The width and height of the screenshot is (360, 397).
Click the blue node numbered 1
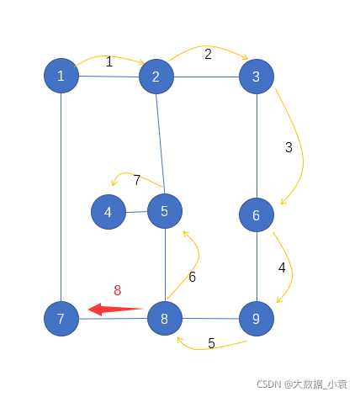(x=61, y=76)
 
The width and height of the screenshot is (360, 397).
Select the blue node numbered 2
(x=156, y=77)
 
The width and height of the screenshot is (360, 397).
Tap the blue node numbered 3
(x=257, y=77)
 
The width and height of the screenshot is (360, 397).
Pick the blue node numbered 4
(x=109, y=212)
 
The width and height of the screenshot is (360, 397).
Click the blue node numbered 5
(x=165, y=211)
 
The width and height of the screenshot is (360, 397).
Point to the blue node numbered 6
(x=257, y=215)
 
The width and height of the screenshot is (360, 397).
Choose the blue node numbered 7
(x=61, y=319)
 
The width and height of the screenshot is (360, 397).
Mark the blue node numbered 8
(x=165, y=319)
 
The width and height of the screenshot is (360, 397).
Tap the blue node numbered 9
(x=257, y=319)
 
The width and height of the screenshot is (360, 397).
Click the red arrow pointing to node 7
(x=115, y=310)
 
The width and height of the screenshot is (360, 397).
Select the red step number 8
(x=118, y=290)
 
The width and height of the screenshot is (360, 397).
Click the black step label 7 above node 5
(x=137, y=180)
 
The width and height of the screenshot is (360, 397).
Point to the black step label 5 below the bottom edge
(x=211, y=343)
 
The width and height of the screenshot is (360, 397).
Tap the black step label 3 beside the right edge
(x=289, y=147)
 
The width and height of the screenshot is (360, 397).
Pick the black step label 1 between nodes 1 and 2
(x=109, y=61)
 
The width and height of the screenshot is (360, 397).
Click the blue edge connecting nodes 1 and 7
(x=61, y=197)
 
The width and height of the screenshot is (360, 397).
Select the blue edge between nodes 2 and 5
(x=161, y=144)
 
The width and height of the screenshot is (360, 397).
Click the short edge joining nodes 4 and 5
(x=136, y=212)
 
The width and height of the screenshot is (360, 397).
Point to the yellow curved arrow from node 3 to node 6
(x=302, y=151)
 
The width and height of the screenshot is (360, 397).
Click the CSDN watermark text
(x=302, y=384)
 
